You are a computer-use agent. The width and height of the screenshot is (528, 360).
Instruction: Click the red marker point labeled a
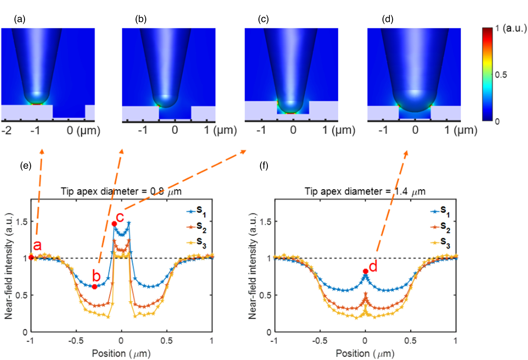[31, 258]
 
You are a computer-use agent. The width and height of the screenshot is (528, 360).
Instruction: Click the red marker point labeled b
[94, 287]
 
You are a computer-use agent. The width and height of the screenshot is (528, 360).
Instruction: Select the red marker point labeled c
[114, 224]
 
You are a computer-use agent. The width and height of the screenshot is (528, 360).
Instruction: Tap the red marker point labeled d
[365, 271]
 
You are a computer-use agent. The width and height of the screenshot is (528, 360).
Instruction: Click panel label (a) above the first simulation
[20, 19]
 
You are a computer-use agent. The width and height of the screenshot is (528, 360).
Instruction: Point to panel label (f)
[264, 166]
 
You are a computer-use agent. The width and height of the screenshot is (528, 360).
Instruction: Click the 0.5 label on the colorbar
[501, 75]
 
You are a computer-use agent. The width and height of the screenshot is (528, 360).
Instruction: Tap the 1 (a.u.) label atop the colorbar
[511, 28]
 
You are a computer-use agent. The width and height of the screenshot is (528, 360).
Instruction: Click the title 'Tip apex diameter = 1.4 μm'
[365, 191]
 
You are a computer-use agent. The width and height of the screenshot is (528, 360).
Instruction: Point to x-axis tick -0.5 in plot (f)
[320, 341]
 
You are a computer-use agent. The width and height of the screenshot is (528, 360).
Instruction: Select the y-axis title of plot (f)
[252, 266]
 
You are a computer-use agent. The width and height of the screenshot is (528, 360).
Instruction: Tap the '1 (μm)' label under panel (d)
[461, 130]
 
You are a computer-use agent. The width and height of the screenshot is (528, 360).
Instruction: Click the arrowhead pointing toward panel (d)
[406, 153]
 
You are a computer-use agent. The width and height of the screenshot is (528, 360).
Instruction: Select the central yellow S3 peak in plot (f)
[365, 310]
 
